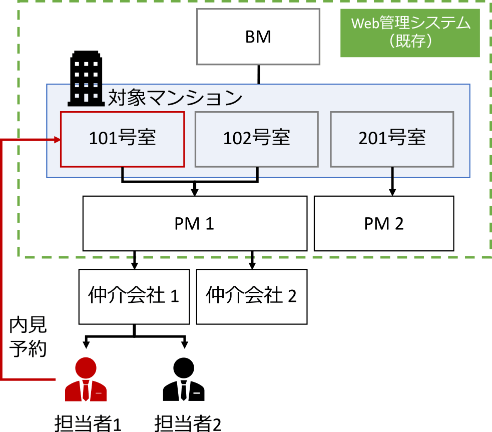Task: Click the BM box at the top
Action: [x=258, y=37]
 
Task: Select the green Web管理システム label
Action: [x=410, y=33]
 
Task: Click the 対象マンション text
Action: [x=175, y=98]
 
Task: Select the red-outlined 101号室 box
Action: [x=122, y=139]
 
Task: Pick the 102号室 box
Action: [x=256, y=139]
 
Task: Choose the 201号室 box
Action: [x=392, y=139]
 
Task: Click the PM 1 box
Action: [x=195, y=223]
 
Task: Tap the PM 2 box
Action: [x=384, y=223]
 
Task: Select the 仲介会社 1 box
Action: [x=134, y=296]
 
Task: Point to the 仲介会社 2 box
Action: [x=251, y=296]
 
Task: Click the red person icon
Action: [x=86, y=379]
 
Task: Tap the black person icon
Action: [x=184, y=379]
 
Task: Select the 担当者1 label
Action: [x=88, y=423]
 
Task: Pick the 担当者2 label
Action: [x=188, y=423]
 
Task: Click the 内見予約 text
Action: [x=28, y=337]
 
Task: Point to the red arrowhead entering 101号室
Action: [x=56, y=141]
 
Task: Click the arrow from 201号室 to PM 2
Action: [x=392, y=183]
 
